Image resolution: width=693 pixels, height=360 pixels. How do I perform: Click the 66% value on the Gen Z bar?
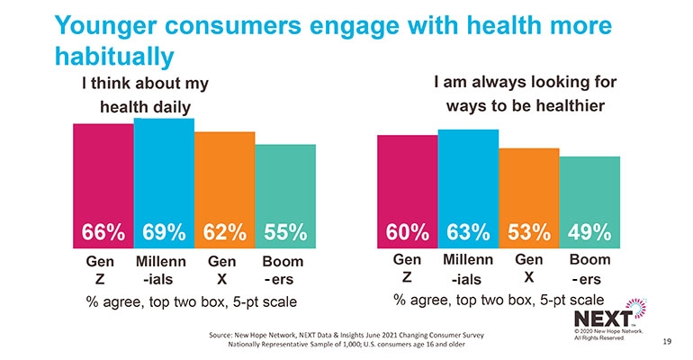103,231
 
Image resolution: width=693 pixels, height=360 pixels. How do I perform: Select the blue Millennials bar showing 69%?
164,171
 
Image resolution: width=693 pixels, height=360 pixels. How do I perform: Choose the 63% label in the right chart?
468,231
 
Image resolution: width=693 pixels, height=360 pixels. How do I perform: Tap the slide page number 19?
667,342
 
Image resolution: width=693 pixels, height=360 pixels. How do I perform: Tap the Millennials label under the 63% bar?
468,268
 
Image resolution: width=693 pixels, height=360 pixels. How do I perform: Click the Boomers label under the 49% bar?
589,268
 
